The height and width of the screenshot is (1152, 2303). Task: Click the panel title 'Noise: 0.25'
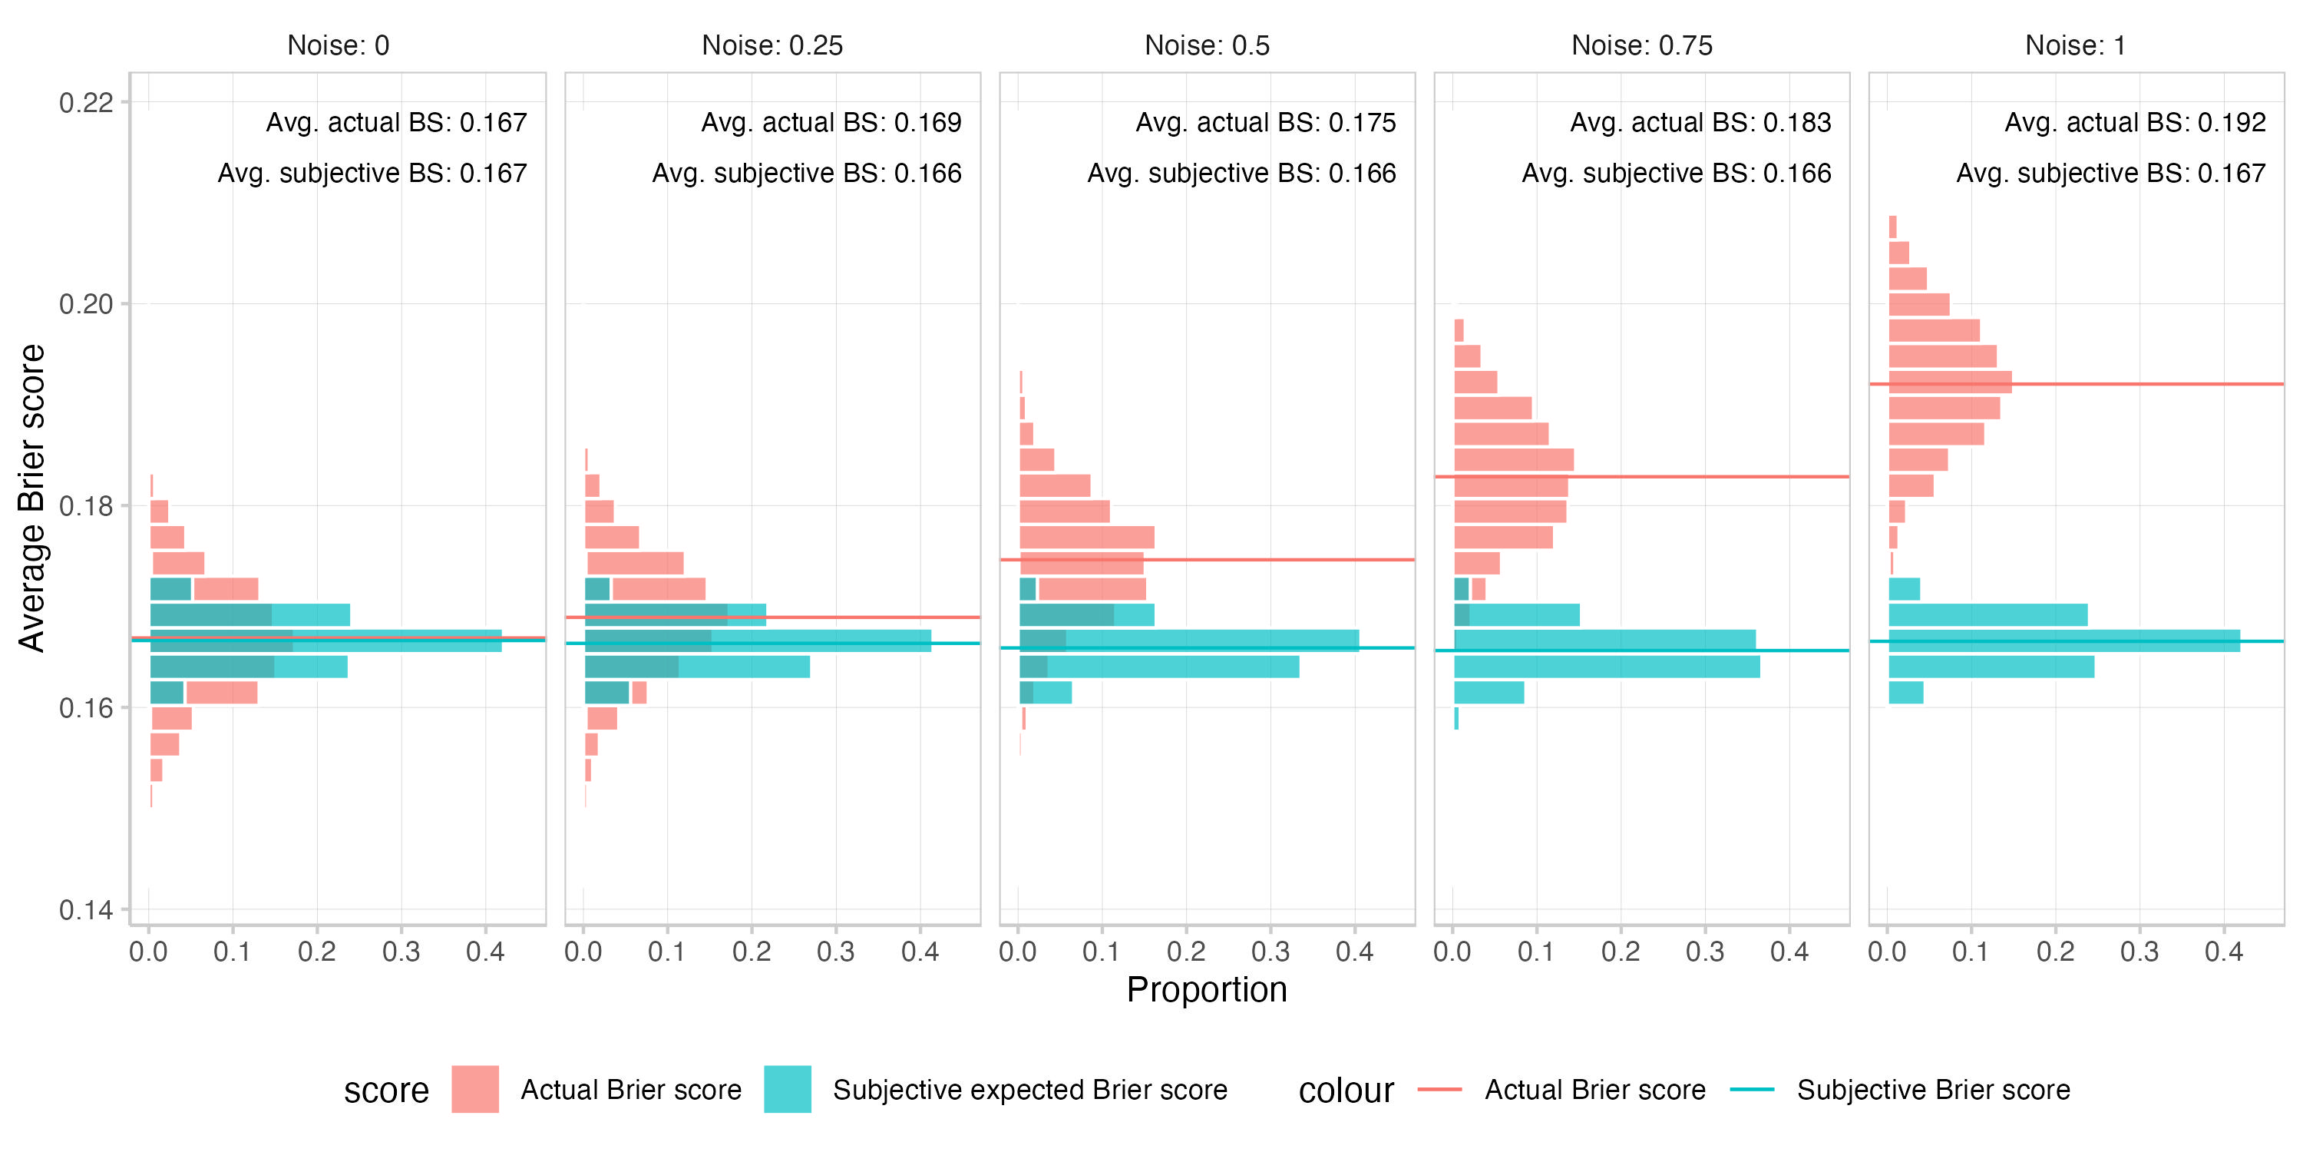coord(772,45)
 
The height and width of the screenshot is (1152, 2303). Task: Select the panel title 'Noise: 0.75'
coord(1641,45)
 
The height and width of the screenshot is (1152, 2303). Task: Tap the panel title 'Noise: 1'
coord(2075,45)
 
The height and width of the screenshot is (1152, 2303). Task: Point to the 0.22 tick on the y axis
coord(87,103)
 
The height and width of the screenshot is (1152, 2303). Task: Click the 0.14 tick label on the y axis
coord(87,911)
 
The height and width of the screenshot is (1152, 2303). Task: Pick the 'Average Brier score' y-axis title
coord(32,498)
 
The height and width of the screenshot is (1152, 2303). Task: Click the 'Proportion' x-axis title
coord(1206,990)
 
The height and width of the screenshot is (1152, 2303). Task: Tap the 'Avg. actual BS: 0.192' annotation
coord(2135,123)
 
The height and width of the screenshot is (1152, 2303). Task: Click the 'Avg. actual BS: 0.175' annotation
coord(1265,123)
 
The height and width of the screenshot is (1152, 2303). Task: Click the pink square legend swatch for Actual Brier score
coord(474,1089)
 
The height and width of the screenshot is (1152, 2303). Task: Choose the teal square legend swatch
coord(788,1089)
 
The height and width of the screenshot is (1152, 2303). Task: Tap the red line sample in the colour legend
coord(1439,1089)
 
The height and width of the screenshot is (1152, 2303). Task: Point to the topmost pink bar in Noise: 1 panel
coord(1892,227)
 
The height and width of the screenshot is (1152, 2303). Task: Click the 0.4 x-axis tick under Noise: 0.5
coord(1354,952)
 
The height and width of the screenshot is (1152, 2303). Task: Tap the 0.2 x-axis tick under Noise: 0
coord(316,952)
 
